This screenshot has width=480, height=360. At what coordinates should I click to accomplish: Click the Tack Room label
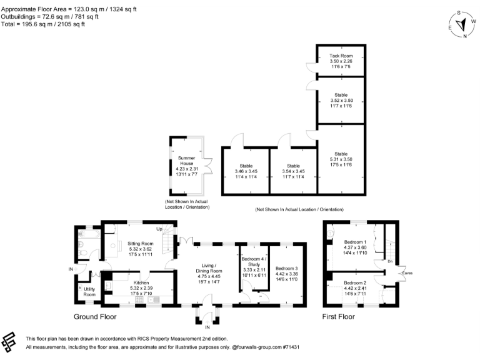click(341, 56)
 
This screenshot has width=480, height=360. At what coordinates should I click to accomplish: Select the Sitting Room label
click(140, 243)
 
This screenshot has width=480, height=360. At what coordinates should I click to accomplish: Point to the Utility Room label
click(90, 291)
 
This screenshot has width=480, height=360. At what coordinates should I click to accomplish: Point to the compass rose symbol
click(461, 24)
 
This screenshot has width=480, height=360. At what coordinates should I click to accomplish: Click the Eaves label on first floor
click(407, 272)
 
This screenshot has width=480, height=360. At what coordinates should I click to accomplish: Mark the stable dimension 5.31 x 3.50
click(341, 159)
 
